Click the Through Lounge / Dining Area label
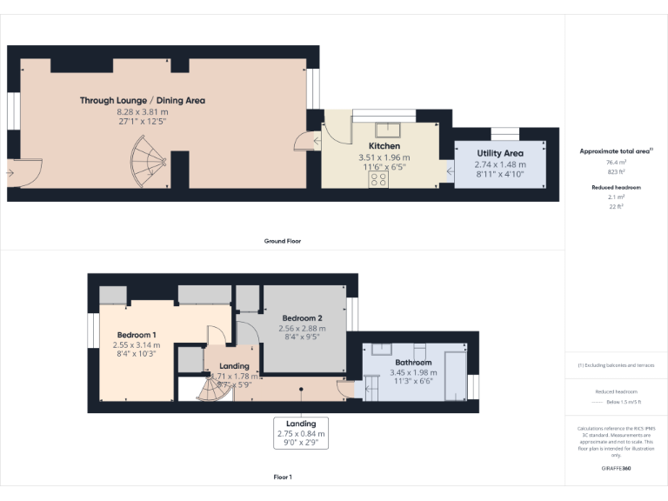(x=143, y=101)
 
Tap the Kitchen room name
(x=384, y=146)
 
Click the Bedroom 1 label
(x=137, y=335)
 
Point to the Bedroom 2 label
(x=302, y=318)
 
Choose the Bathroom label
(x=413, y=362)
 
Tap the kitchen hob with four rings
(x=379, y=179)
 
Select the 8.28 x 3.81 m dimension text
(x=143, y=112)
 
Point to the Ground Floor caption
(x=283, y=241)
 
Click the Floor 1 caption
(x=283, y=477)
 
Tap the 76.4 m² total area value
(x=617, y=162)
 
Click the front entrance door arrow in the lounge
(x=10, y=173)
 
